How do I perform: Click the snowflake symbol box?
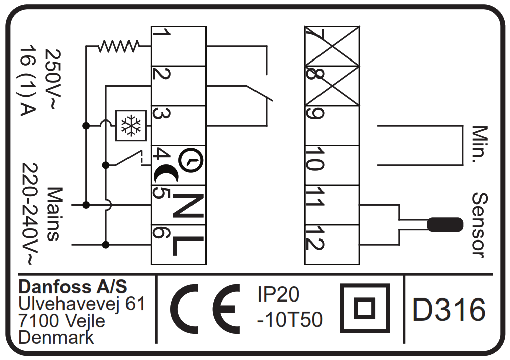point(131,125)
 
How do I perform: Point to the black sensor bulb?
point(444,224)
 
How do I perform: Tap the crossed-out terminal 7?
point(333,46)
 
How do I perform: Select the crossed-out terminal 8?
point(333,86)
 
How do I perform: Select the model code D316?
point(449,310)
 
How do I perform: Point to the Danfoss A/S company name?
point(73,287)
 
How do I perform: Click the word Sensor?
point(480,225)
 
